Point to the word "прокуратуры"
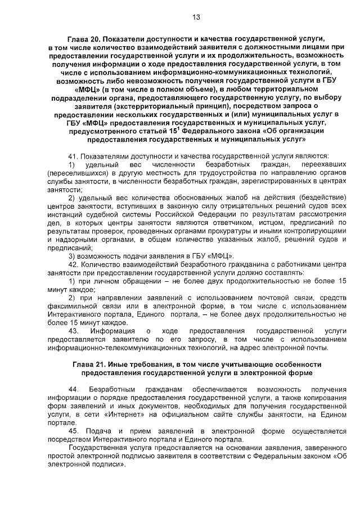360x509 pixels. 247,231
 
